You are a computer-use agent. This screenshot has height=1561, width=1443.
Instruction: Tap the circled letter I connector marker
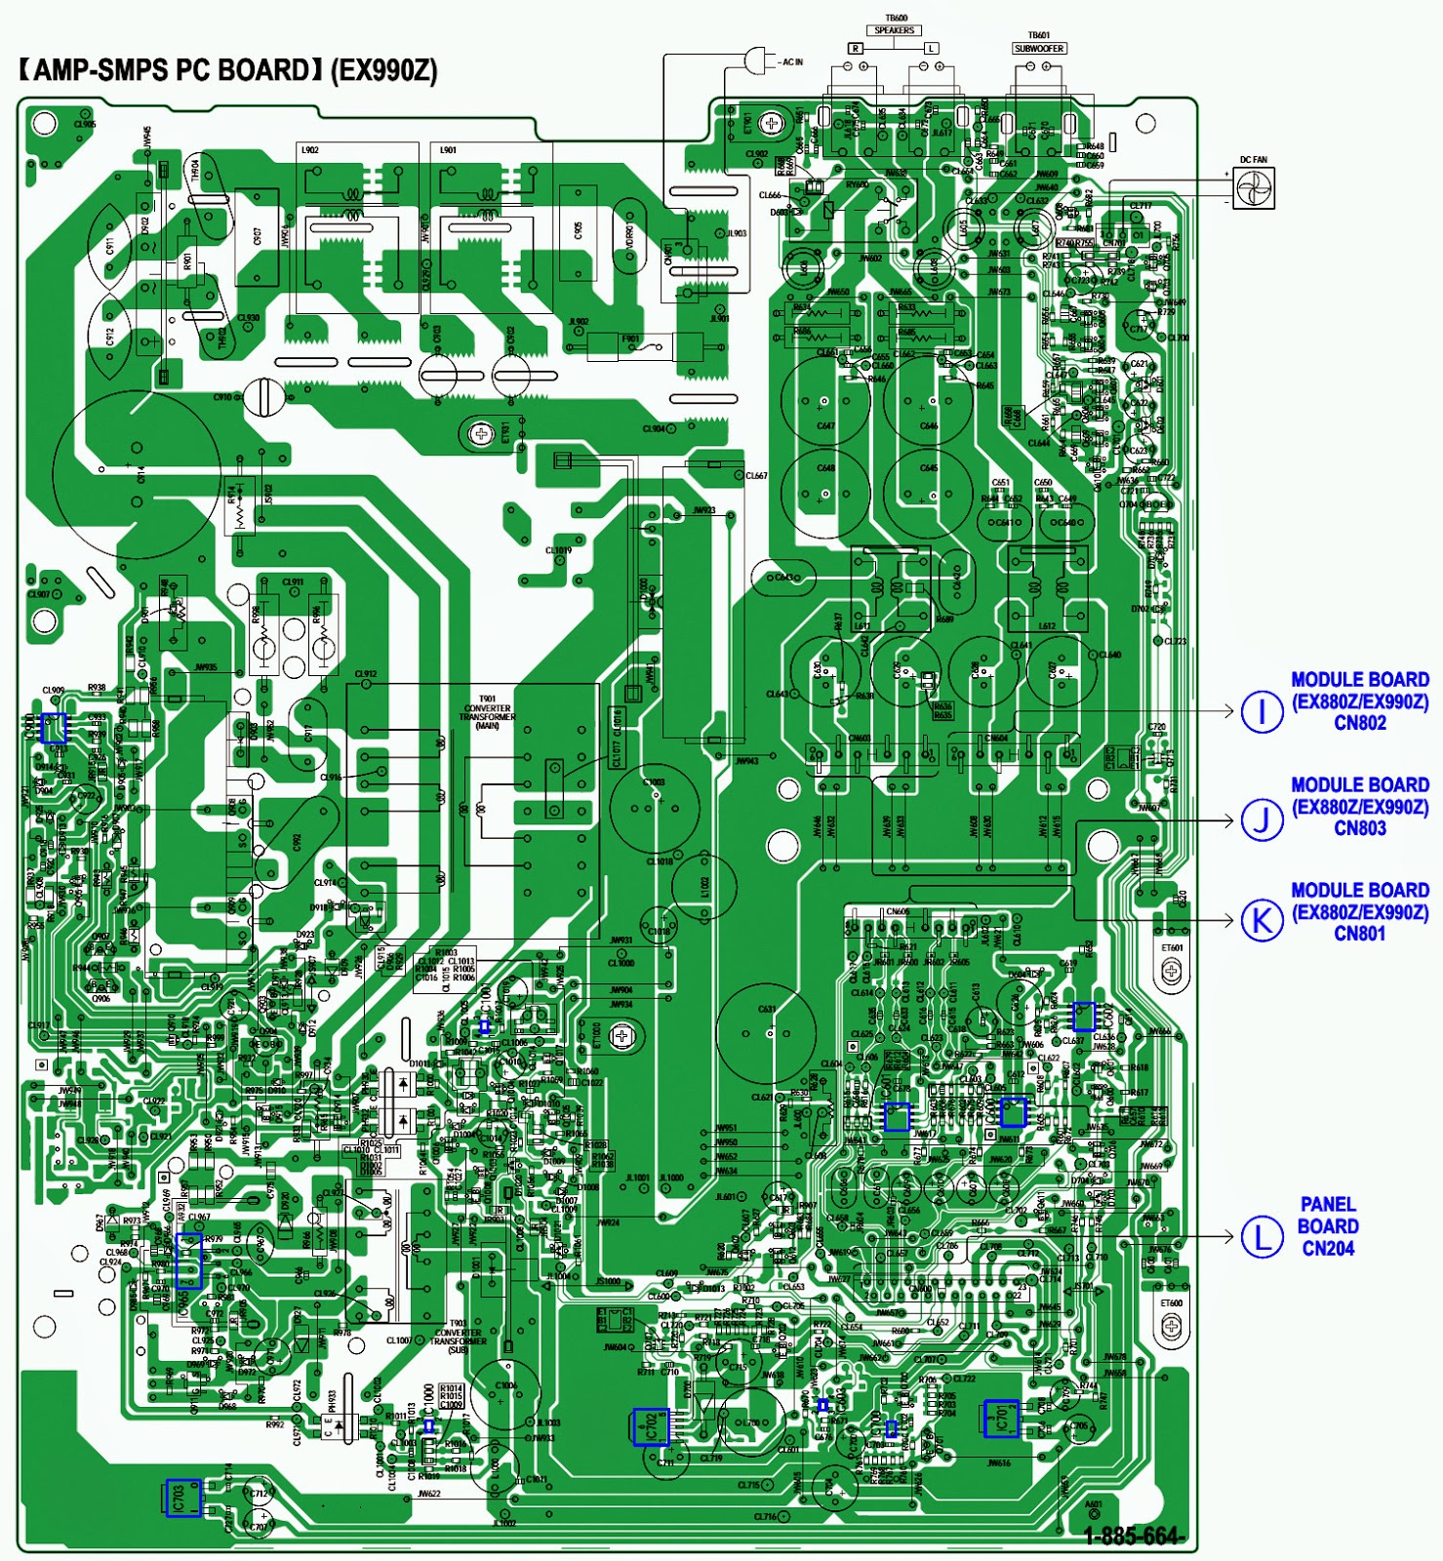click(1262, 711)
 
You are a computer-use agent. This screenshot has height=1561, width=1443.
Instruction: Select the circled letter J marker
click(1262, 819)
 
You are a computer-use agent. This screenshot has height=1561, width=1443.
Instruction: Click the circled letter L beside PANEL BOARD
click(1262, 1237)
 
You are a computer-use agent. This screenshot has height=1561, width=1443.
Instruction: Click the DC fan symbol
click(1254, 187)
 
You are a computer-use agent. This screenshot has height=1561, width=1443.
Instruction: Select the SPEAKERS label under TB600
click(894, 30)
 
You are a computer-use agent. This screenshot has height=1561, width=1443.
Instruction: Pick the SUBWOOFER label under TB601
click(1039, 48)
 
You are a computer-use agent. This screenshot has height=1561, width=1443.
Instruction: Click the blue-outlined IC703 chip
click(183, 1498)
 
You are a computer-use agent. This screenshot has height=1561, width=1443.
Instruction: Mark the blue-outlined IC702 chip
click(650, 1427)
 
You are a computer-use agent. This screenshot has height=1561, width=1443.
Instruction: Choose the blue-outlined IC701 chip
click(1001, 1419)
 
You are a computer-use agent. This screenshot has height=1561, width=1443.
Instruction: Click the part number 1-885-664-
click(1135, 1536)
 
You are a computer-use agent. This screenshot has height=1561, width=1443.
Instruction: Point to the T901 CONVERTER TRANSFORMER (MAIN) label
click(487, 712)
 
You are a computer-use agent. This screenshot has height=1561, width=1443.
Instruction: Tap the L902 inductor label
click(309, 150)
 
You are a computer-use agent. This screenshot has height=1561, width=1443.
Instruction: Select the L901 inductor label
click(448, 150)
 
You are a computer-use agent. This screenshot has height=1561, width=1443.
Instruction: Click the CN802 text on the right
click(1359, 723)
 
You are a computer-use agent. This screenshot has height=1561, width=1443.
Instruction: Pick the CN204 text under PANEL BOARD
click(1327, 1248)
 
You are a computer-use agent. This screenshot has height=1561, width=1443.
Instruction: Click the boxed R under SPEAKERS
click(856, 48)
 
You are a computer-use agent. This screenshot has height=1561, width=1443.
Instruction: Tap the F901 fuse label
click(630, 339)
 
